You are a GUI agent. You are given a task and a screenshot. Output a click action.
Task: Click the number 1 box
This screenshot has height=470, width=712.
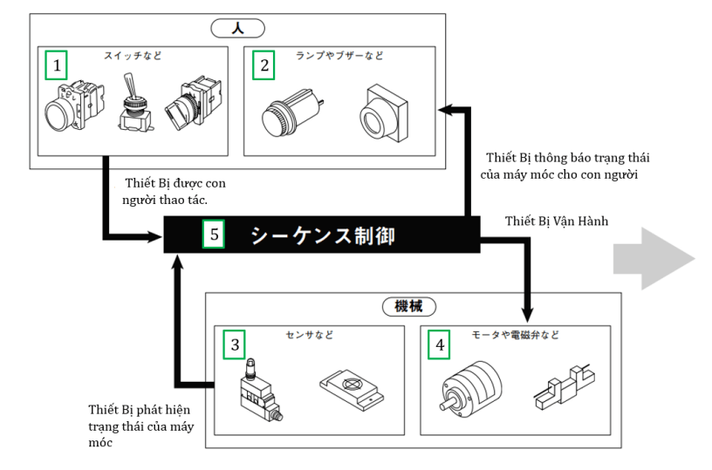(x=56, y=65)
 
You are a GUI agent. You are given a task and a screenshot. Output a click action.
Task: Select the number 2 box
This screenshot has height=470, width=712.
(x=262, y=65)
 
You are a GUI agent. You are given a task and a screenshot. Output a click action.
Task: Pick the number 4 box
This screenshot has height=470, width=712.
(x=439, y=345)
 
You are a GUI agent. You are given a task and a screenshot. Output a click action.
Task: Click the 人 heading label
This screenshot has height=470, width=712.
(x=238, y=27)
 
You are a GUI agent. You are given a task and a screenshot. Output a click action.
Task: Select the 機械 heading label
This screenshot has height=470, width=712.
(x=409, y=307)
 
